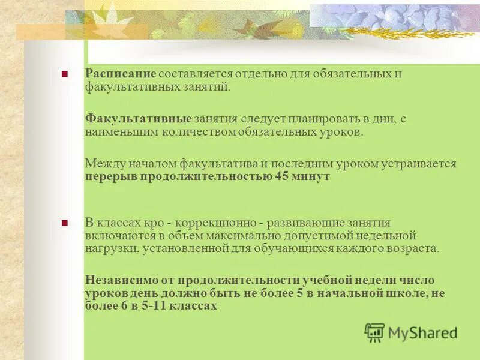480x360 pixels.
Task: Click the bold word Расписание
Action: coord(120,73)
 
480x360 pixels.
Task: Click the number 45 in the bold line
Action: coord(283,177)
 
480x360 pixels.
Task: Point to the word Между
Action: coord(103,163)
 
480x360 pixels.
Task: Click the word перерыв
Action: coord(110,177)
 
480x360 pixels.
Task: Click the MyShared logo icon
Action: coord(374,332)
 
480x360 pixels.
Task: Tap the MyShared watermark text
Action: coord(422,332)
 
